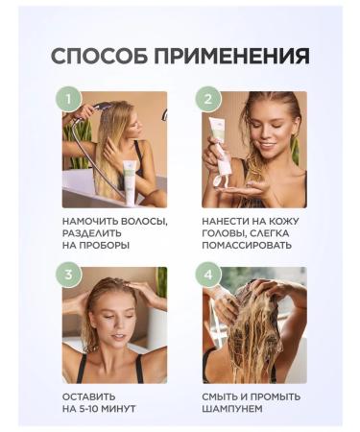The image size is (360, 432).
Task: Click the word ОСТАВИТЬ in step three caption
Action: pos(89,396)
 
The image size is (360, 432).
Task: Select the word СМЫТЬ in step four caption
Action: pos(224,396)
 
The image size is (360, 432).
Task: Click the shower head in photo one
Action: pos(85,108)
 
